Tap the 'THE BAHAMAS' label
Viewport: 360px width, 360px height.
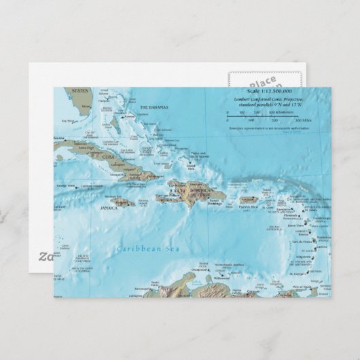click(x=154, y=108)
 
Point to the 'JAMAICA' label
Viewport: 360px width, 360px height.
click(x=109, y=208)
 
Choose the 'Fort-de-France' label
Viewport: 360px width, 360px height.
click(x=300, y=242)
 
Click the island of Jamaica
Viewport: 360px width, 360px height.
click(x=122, y=202)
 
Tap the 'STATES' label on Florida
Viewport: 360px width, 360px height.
click(x=80, y=90)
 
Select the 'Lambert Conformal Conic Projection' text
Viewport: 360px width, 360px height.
click(x=268, y=99)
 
